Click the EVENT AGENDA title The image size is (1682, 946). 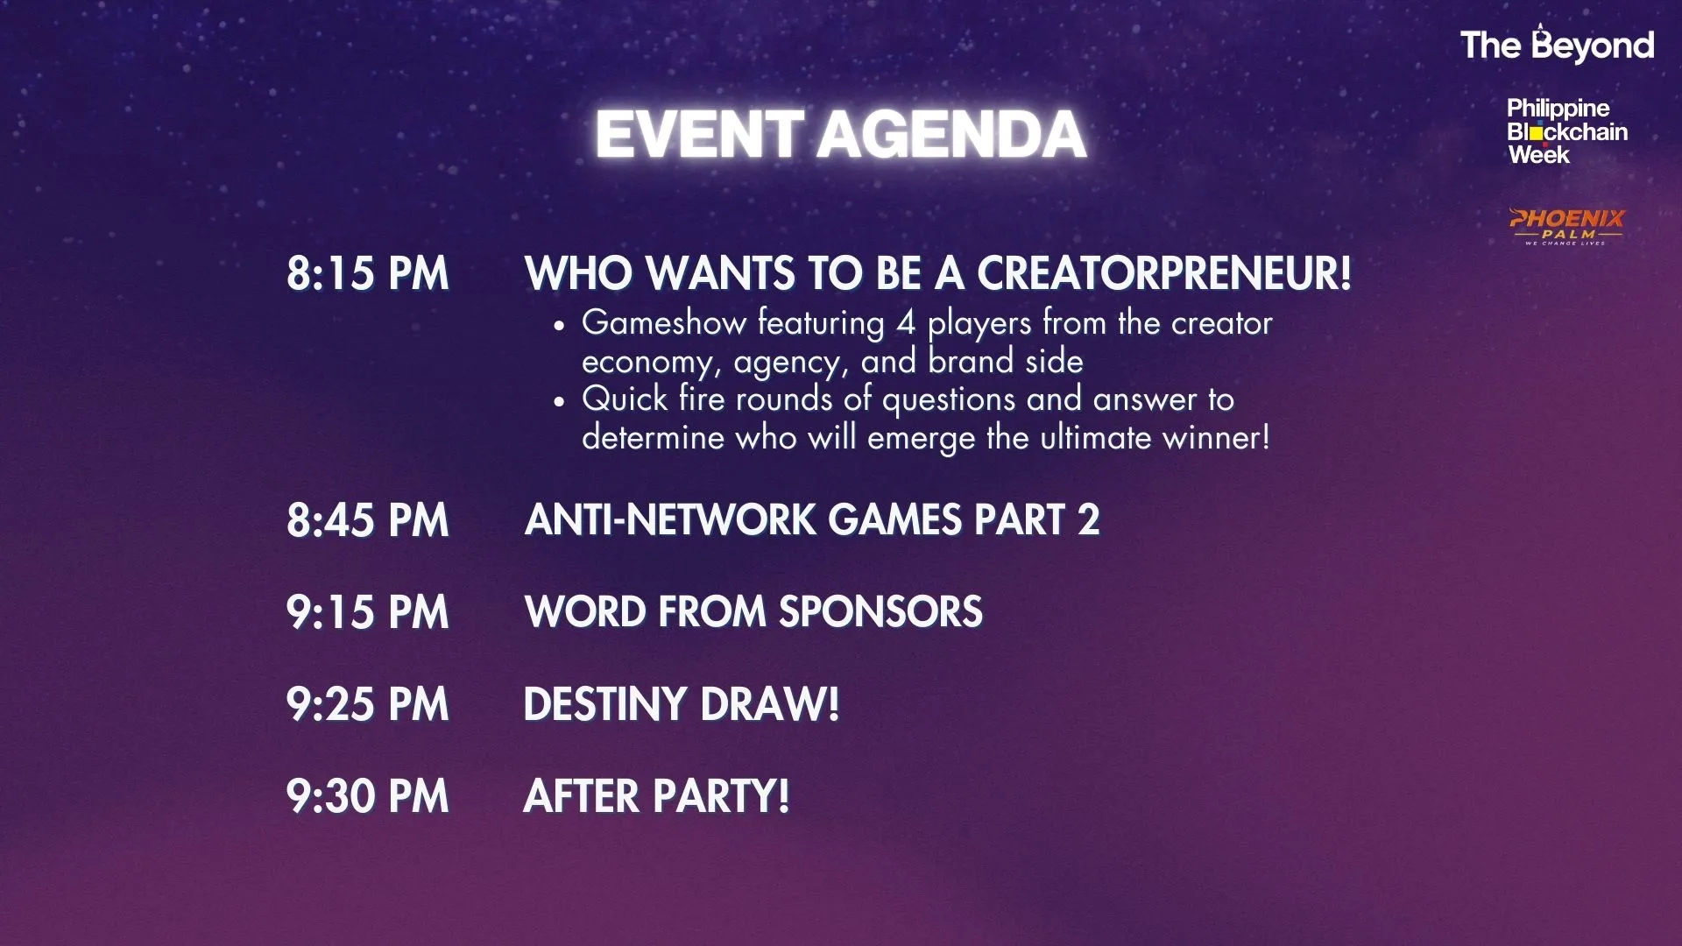[841, 135]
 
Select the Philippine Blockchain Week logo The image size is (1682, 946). [1567, 131]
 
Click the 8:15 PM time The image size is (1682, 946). [367, 273]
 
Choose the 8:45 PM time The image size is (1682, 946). [367, 520]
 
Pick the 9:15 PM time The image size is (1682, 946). [367, 612]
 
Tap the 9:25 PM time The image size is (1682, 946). [367, 704]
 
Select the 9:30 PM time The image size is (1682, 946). [367, 796]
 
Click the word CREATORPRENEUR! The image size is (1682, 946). [1164, 273]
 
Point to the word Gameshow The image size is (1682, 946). [664, 322]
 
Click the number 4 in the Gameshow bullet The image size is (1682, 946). [906, 323]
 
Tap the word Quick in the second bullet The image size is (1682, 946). [625, 399]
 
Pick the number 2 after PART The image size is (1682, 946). [1089, 520]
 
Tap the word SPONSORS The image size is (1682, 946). [880, 612]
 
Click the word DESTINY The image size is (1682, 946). [604, 704]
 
